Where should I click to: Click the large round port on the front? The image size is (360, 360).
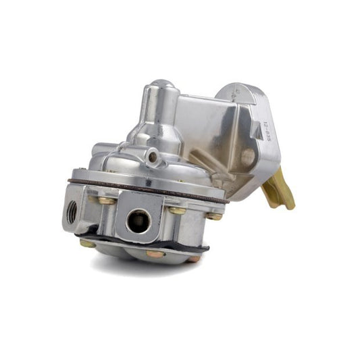pyautogui.click(x=138, y=221)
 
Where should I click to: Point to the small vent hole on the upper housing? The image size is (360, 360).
pyautogui.click(x=155, y=157)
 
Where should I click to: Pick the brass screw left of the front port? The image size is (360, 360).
pyautogui.click(x=106, y=200)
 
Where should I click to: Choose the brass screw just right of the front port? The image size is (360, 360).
pyautogui.click(x=177, y=211)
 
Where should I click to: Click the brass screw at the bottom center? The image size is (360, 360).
pyautogui.click(x=153, y=254)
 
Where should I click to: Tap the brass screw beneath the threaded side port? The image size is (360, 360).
pyautogui.click(x=86, y=242)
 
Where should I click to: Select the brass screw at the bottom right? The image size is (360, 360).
pyautogui.click(x=194, y=258)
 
